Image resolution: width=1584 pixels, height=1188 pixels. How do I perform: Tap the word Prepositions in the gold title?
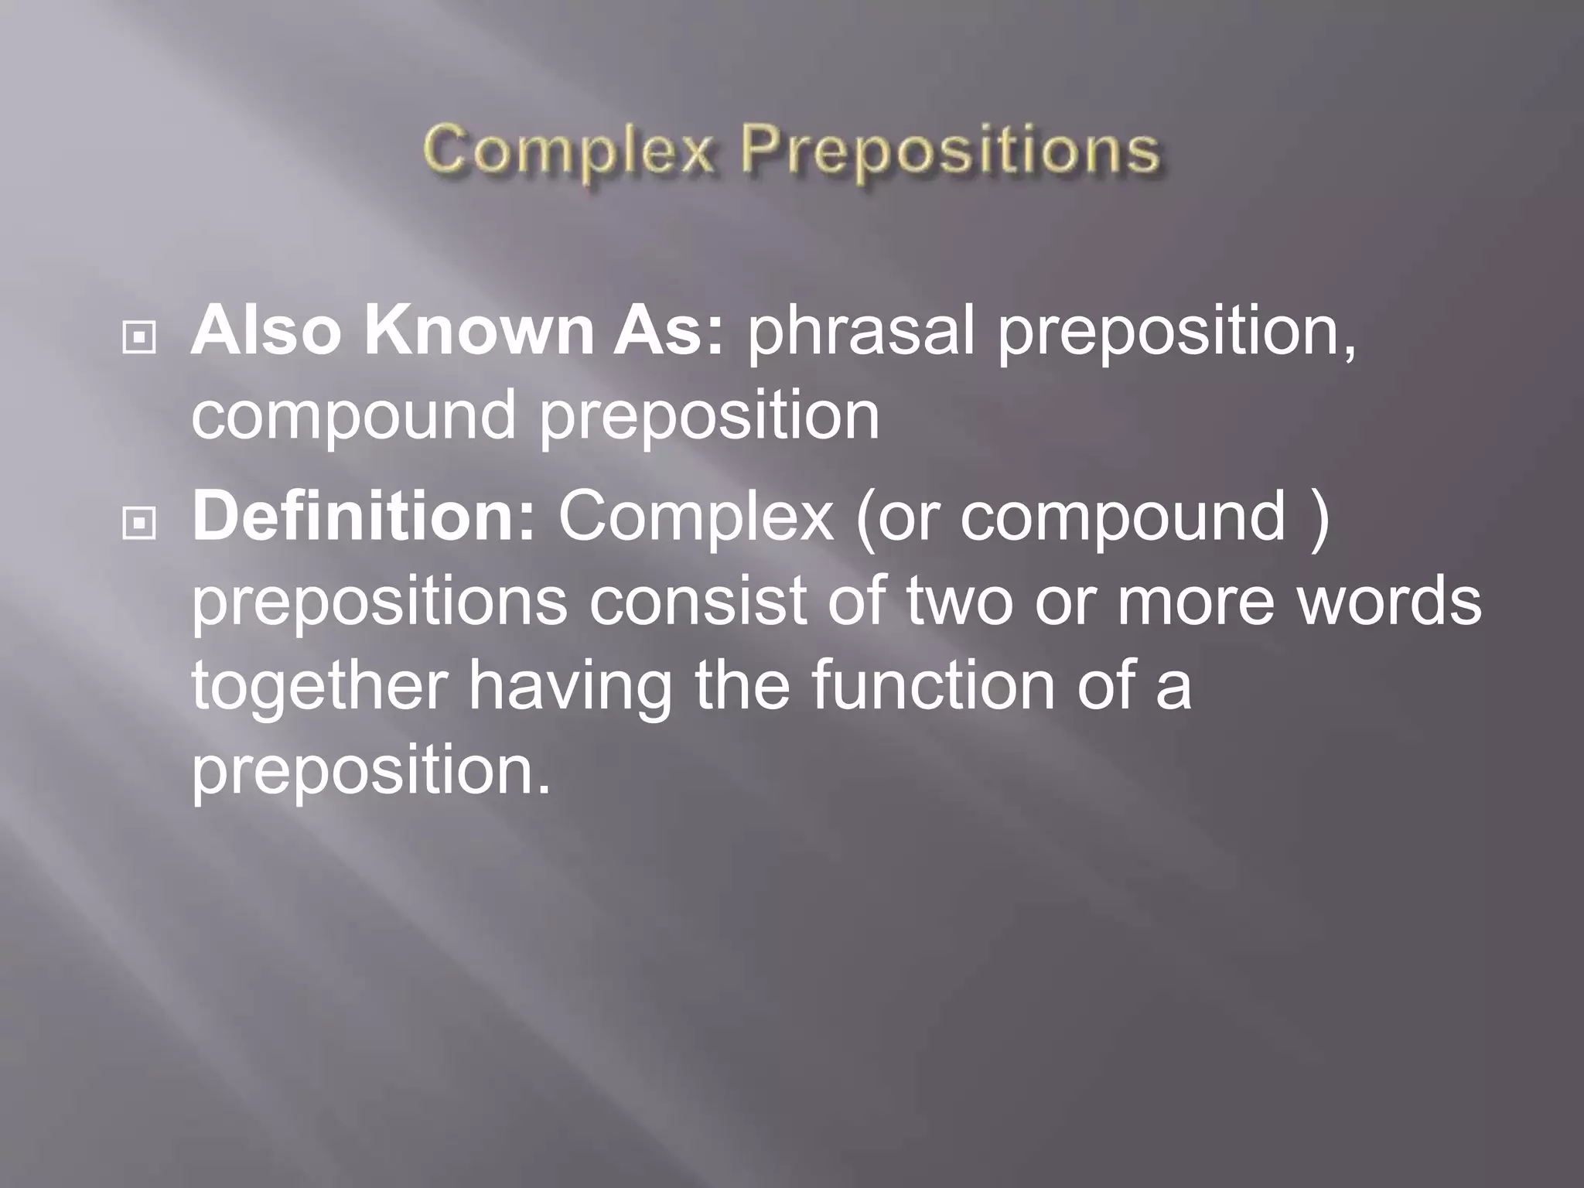pyautogui.click(x=950, y=152)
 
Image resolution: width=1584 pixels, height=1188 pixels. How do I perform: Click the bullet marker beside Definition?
pyautogui.click(x=139, y=524)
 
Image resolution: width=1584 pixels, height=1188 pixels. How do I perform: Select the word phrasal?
pyautogui.click(x=859, y=333)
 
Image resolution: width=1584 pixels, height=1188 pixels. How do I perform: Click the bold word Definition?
pyautogui.click(x=364, y=517)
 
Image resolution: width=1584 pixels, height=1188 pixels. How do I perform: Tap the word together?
pyautogui.click(x=319, y=687)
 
